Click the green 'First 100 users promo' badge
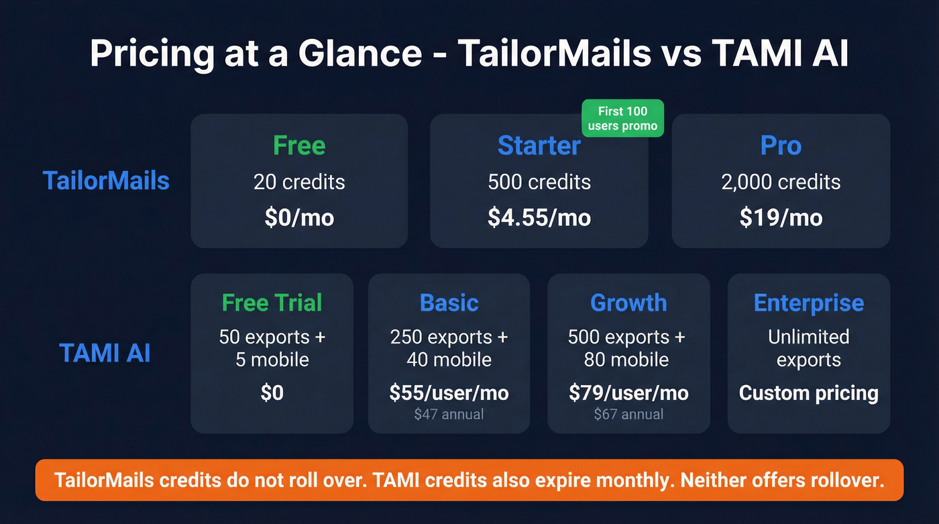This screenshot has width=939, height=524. (x=622, y=118)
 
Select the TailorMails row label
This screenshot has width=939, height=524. (x=106, y=180)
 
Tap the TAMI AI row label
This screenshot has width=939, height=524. (x=105, y=353)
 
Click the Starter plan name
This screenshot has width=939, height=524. (x=539, y=146)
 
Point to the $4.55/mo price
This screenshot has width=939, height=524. (x=539, y=217)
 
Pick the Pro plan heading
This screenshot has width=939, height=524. (x=781, y=146)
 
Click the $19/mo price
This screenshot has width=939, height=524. (x=781, y=217)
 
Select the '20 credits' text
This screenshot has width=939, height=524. (x=299, y=182)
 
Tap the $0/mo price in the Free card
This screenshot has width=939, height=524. (x=299, y=217)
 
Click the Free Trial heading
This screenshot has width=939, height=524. (x=272, y=303)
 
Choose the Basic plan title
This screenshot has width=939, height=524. (x=449, y=303)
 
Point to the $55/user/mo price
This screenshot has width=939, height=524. (x=449, y=392)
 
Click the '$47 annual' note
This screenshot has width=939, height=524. (x=449, y=414)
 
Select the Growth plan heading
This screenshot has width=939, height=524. (x=628, y=303)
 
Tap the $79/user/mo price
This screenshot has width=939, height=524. (x=628, y=392)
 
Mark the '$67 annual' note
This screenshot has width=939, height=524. (x=628, y=414)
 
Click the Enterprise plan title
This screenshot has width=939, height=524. (x=808, y=303)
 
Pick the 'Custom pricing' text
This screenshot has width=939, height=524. (x=808, y=392)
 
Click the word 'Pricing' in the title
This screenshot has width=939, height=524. (x=146, y=53)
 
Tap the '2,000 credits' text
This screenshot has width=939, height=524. (x=781, y=182)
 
